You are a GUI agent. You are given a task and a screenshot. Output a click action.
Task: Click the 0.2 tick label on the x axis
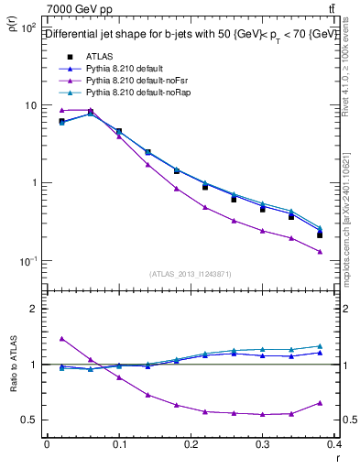pyautogui.click(x=191, y=445)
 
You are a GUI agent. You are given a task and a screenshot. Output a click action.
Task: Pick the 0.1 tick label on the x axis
pyautogui.click(x=118, y=445)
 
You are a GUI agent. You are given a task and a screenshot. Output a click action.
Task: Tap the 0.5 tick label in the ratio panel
pyautogui.click(x=29, y=420)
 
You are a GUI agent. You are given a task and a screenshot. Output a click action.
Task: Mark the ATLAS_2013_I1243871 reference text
pyautogui.click(x=191, y=274)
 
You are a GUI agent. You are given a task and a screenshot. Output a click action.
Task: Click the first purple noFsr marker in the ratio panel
pyautogui.click(x=61, y=339)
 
